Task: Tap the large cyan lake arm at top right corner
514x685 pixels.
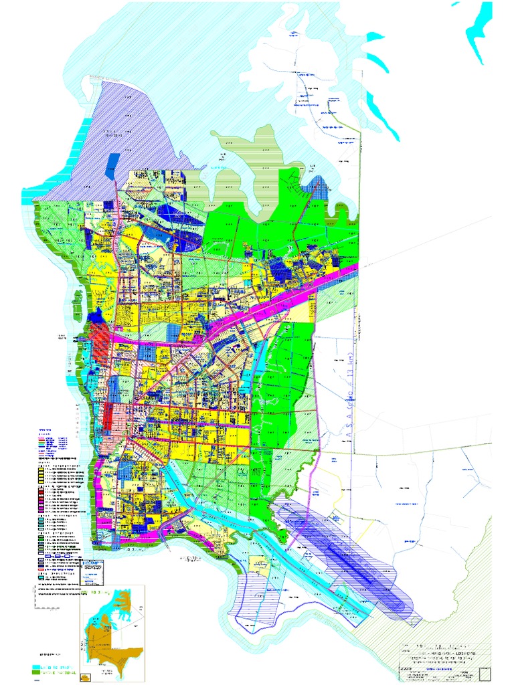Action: tap(479, 27)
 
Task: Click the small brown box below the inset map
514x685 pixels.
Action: tap(85, 678)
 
